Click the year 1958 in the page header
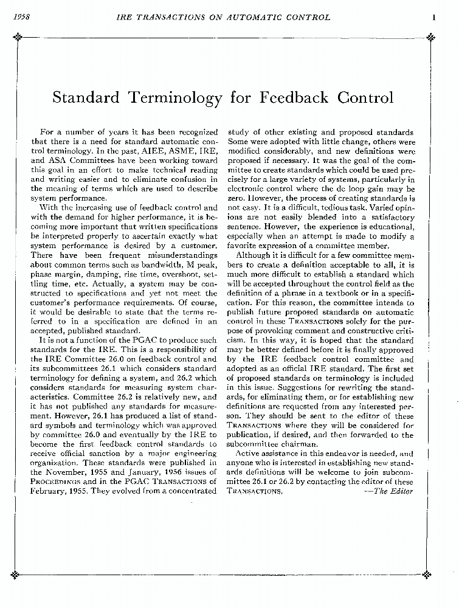point(22,18)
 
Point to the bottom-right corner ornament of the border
point(427,573)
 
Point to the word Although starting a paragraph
point(256,255)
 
